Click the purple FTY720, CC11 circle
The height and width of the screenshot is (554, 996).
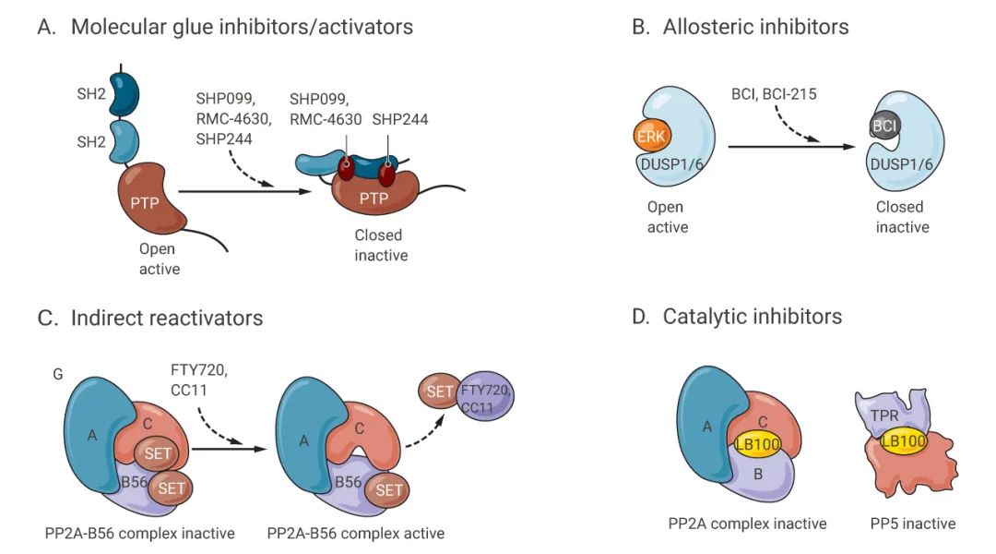pyautogui.click(x=486, y=398)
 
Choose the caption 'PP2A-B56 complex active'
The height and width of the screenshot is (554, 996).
pyautogui.click(x=355, y=533)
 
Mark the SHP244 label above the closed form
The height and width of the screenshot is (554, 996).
pyautogui.click(x=400, y=121)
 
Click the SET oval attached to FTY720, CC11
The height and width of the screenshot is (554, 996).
pyautogui.click(x=440, y=391)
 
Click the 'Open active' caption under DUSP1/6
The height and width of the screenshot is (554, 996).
pyautogui.click(x=668, y=218)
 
